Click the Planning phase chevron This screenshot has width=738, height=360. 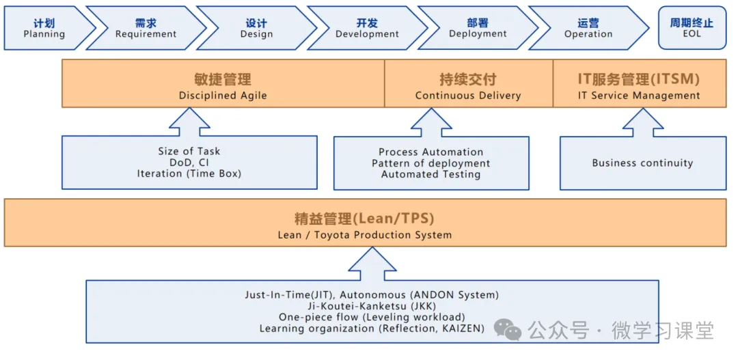pyautogui.click(x=44, y=28)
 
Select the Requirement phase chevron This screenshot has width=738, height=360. pyautogui.click(x=146, y=28)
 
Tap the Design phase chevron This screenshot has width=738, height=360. pyautogui.click(x=256, y=28)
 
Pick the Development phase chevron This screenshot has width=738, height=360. pyautogui.click(x=367, y=28)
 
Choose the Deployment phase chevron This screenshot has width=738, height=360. pyautogui.click(x=478, y=28)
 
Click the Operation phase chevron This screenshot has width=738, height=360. pyautogui.click(x=588, y=28)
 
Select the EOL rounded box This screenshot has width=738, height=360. pyautogui.click(x=692, y=28)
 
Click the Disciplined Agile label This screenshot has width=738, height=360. pyautogui.click(x=223, y=96)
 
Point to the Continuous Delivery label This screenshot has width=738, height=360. pyautogui.click(x=468, y=96)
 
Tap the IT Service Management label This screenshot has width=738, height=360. pyautogui.click(x=639, y=96)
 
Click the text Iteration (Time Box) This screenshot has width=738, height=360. pyautogui.click(x=189, y=174)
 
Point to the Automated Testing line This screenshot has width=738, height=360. pyautogui.click(x=430, y=174)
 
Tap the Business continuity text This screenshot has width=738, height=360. pyautogui.click(x=642, y=163)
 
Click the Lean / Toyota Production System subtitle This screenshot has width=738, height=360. pyautogui.click(x=364, y=235)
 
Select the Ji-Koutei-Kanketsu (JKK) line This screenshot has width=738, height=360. pyautogui.click(x=372, y=306)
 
